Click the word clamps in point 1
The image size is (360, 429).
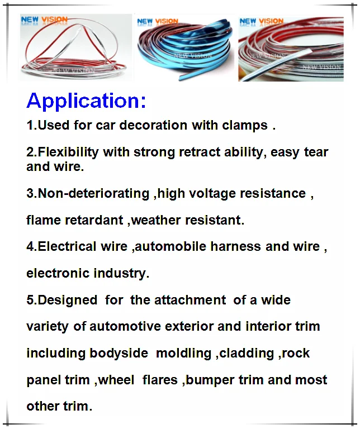[x=245, y=126]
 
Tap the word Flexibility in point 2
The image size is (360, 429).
[x=68, y=152]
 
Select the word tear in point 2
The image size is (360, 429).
[x=316, y=152]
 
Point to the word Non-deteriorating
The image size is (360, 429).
[x=93, y=193]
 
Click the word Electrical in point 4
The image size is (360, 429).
[x=67, y=246]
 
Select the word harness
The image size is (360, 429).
[x=236, y=246]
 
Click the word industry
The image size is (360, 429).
[x=120, y=273]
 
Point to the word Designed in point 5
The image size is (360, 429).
[x=67, y=300]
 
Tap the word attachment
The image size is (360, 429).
[x=190, y=300]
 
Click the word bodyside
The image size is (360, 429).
[x=119, y=353]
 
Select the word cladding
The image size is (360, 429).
[x=247, y=353]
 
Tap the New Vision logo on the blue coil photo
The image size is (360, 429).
[x=158, y=22]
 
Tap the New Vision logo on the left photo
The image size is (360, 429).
[x=44, y=20]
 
